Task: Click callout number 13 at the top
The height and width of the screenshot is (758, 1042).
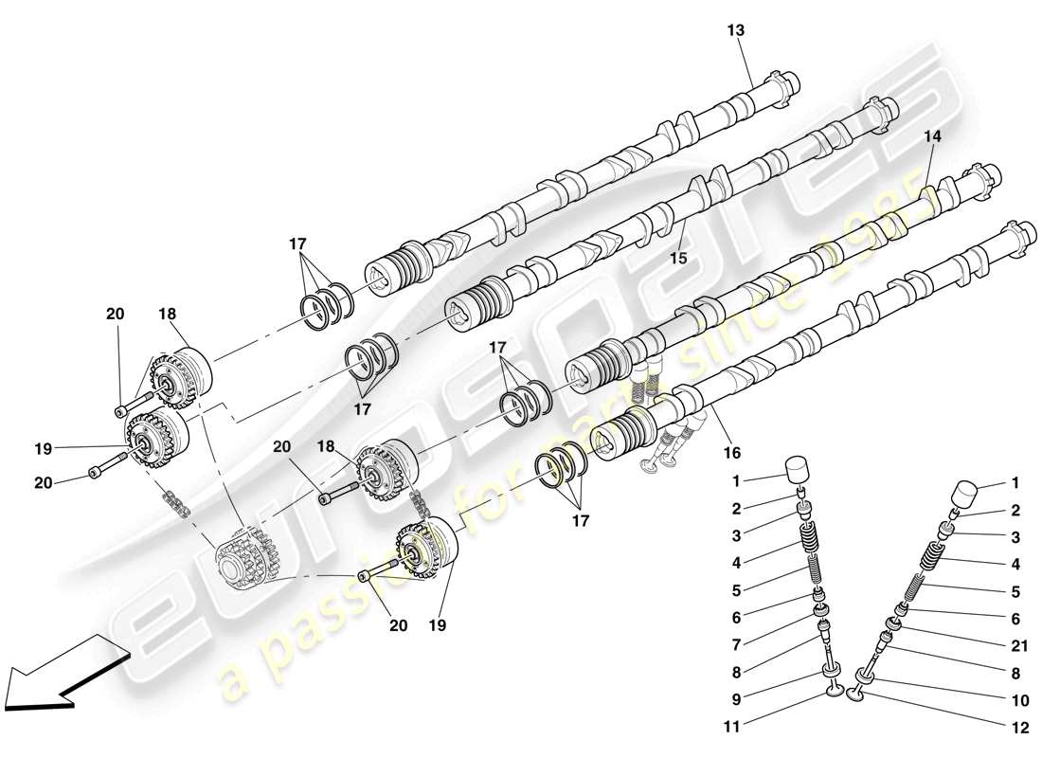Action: (x=736, y=30)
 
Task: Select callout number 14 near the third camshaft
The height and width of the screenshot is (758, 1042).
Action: (x=933, y=136)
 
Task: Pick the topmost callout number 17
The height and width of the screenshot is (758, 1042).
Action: (x=298, y=244)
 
